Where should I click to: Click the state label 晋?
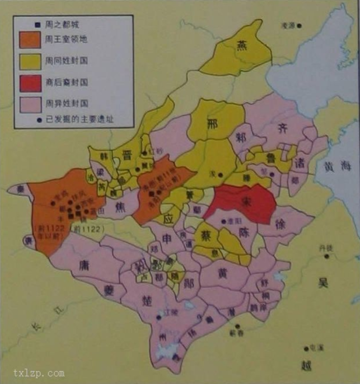tap(125, 154)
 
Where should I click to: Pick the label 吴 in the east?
tap(323, 283)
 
